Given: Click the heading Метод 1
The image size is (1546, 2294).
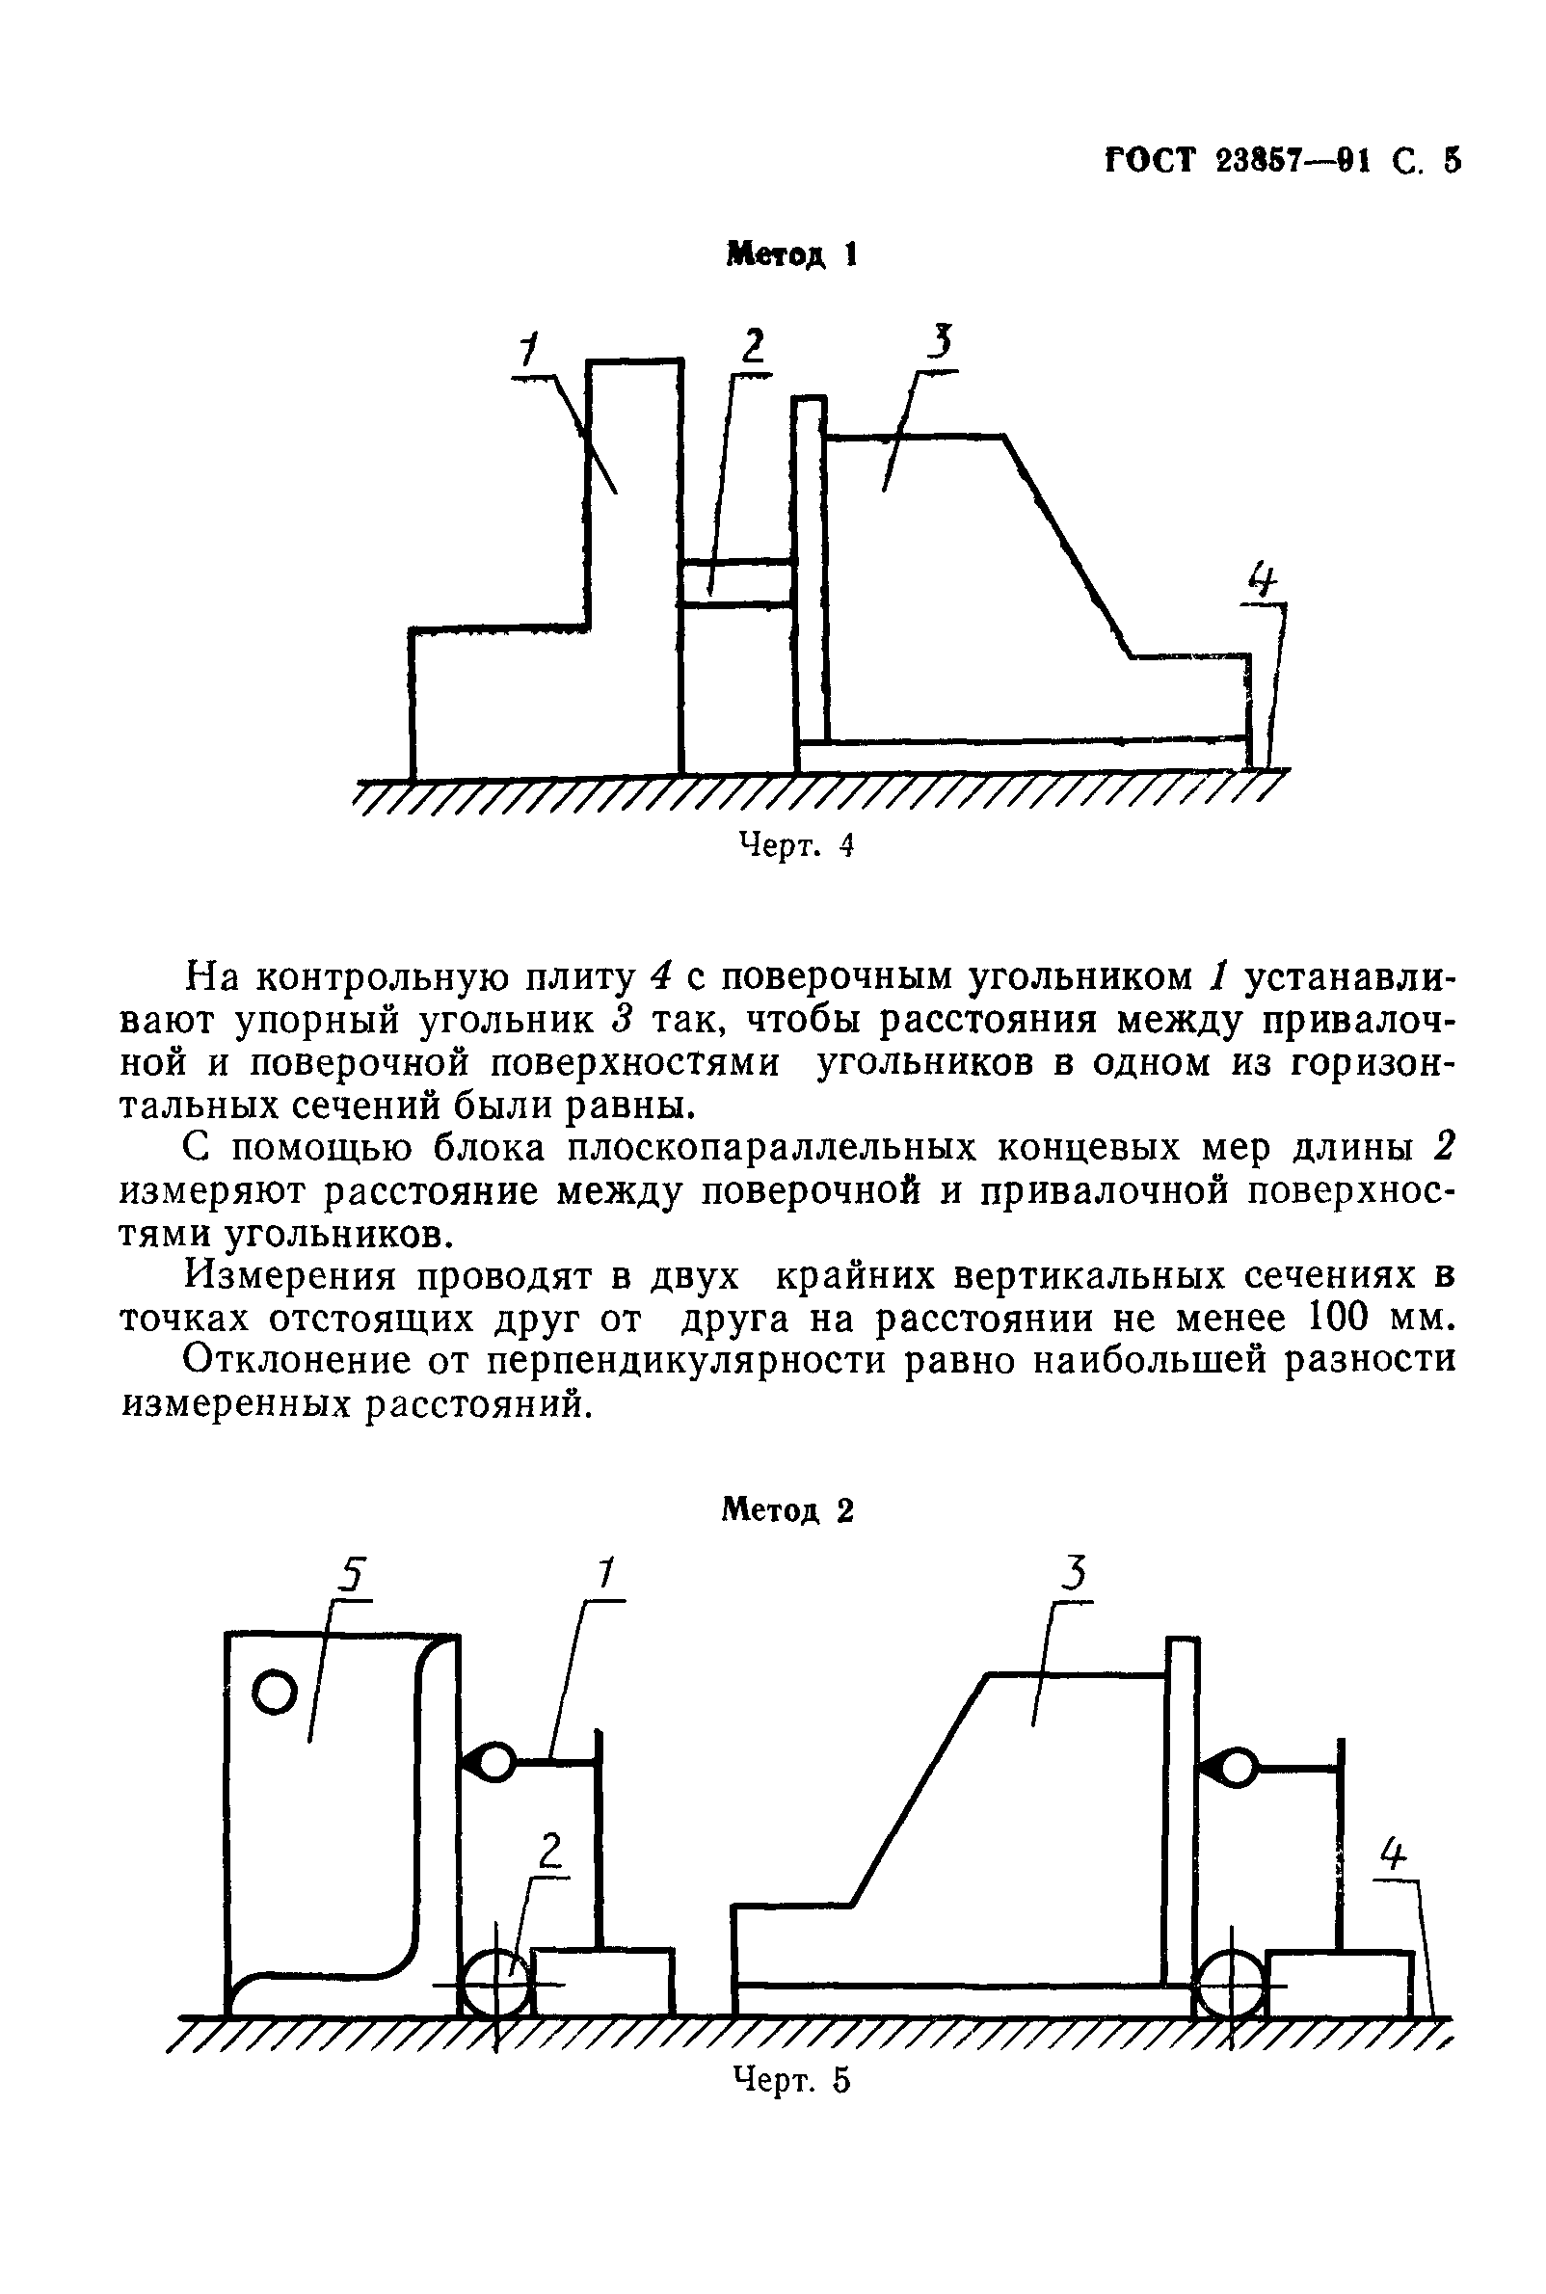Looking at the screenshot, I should coord(790,254).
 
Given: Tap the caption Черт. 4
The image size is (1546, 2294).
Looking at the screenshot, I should coord(795,845).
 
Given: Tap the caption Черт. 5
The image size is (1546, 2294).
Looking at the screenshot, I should coord(790,2079).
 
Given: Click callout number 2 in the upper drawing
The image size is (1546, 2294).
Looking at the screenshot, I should coord(753,346).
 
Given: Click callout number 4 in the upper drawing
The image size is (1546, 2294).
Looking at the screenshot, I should coord(1262,578).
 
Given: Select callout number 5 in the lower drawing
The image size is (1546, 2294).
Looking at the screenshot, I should coord(351,1573).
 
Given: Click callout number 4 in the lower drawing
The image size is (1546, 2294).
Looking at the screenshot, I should coord(1391,1855).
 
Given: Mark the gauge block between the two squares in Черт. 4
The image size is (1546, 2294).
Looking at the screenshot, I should coord(737,581).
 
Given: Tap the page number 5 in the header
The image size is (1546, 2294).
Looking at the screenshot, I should coord(1451,161).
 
